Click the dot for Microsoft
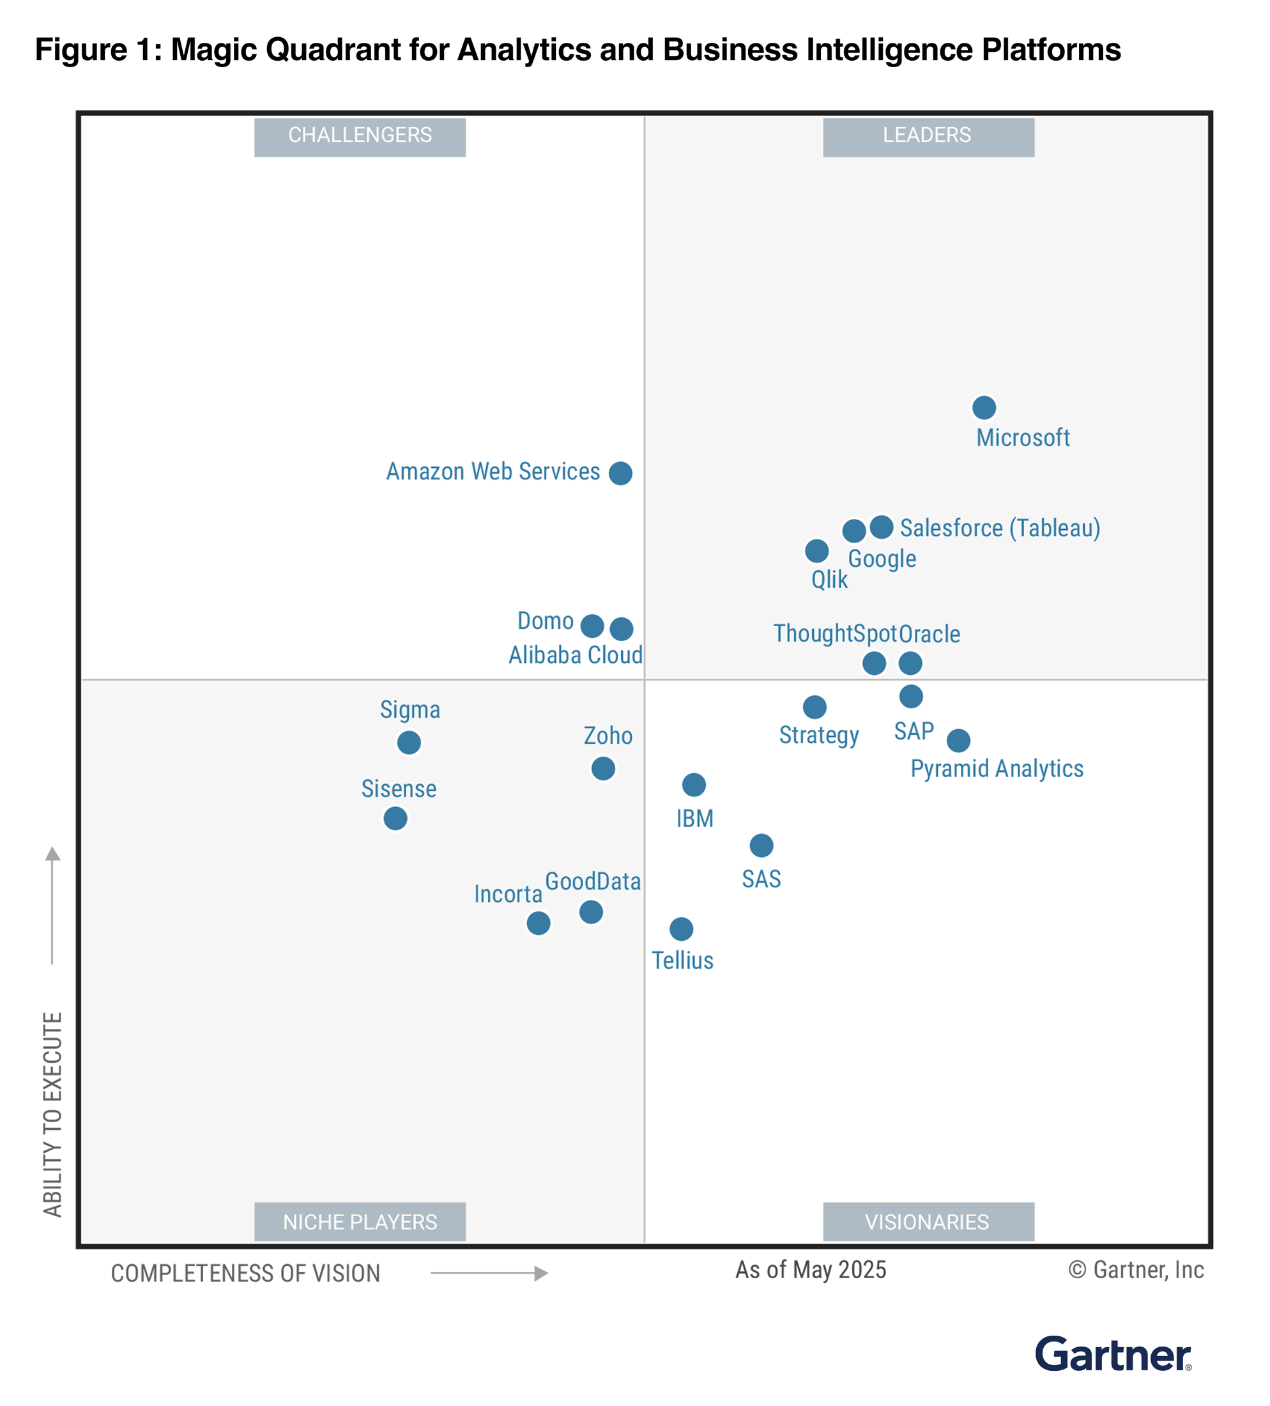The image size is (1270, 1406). tap(984, 407)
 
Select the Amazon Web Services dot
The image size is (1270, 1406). tap(620, 473)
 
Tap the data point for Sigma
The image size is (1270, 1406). tap(409, 742)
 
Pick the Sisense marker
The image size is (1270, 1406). tap(395, 818)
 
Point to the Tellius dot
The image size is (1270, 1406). tap(681, 928)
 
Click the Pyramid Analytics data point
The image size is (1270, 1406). tap(958, 740)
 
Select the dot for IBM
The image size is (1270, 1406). tap(694, 785)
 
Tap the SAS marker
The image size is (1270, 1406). tap(761, 846)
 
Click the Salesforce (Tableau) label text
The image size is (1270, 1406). tap(1000, 528)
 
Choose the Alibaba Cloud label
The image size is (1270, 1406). tap(575, 655)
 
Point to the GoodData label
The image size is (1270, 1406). tap(592, 881)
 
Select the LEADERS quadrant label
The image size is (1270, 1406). tap(928, 136)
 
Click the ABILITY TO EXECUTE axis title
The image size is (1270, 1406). tap(53, 1113)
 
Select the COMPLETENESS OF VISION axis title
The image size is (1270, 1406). tap(245, 1273)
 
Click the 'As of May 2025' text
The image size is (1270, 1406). tap(811, 1269)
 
